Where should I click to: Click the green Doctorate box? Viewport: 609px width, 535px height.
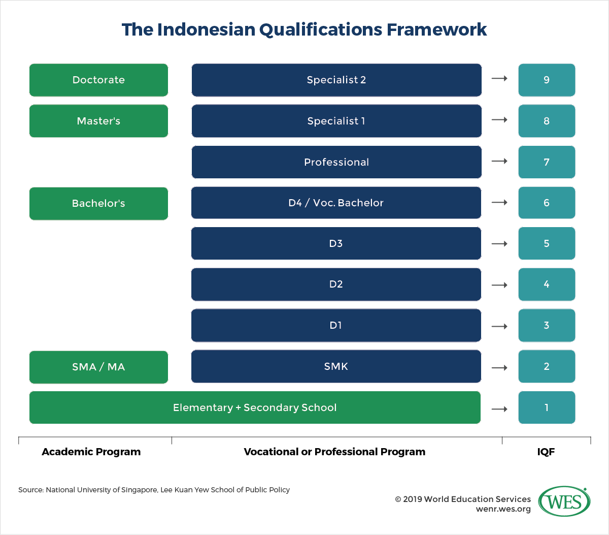(x=98, y=80)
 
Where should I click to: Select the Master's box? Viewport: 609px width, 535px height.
(x=98, y=121)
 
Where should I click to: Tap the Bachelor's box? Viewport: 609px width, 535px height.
(x=98, y=203)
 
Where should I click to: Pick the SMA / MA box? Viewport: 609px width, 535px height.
(x=98, y=367)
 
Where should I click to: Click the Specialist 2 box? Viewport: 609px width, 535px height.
(x=336, y=80)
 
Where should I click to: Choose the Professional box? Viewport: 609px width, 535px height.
(x=336, y=162)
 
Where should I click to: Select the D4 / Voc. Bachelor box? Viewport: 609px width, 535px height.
(x=336, y=203)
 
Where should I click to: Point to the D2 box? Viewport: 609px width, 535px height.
(x=336, y=285)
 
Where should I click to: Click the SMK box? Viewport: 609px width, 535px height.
(x=336, y=366)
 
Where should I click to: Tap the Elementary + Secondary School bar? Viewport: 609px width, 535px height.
(x=255, y=407)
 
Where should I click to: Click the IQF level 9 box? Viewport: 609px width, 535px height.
(x=547, y=80)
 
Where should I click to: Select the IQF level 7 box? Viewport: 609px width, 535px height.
(x=547, y=162)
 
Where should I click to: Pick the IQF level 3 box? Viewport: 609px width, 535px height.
(x=547, y=325)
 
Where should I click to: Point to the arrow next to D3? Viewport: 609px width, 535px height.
(x=499, y=243)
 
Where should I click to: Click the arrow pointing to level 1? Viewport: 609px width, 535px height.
(x=499, y=409)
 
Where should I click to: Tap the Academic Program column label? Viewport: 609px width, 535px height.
(x=91, y=452)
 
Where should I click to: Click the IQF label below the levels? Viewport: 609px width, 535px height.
(x=546, y=452)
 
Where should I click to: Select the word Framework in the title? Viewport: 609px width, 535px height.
(x=436, y=29)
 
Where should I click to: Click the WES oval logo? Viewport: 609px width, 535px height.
(x=564, y=501)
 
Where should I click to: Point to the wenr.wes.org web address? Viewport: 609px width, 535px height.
(x=503, y=509)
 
